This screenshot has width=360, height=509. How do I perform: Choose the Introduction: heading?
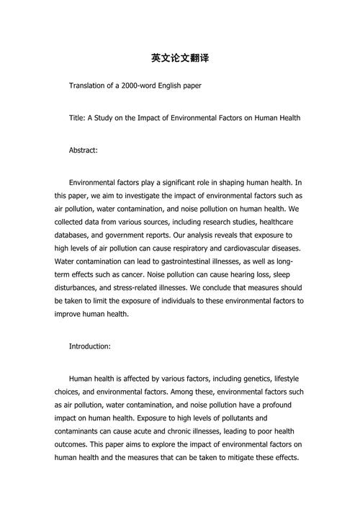click(89, 346)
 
